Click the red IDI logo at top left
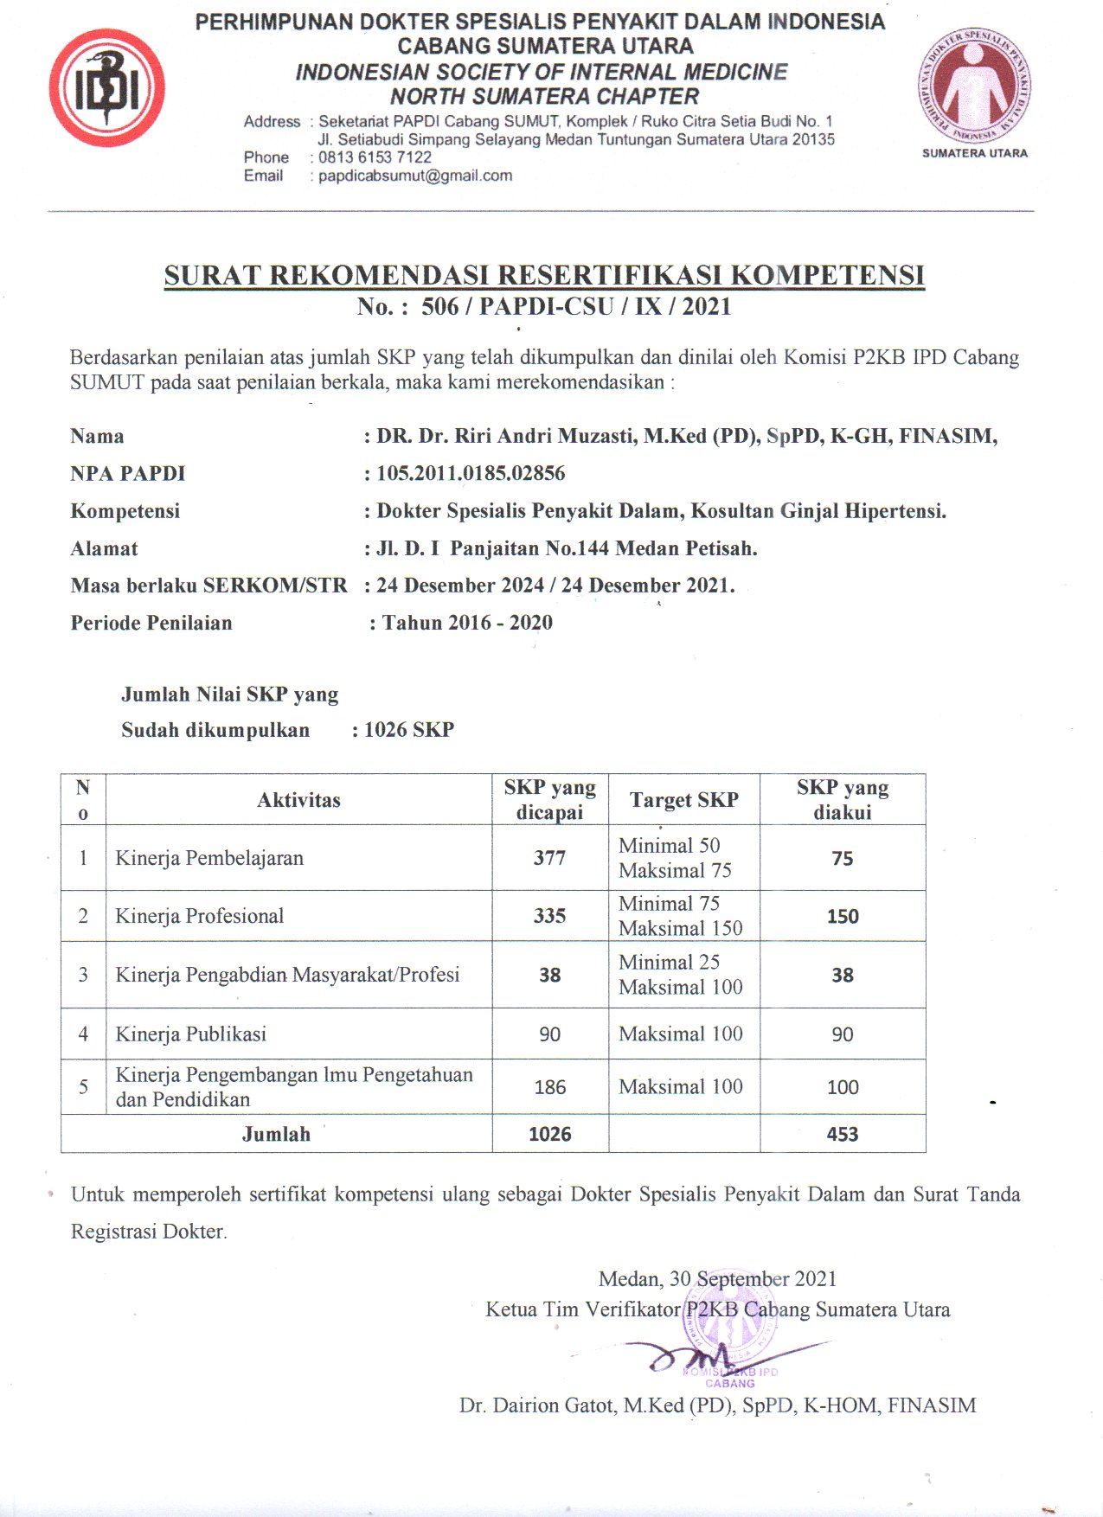coord(106,88)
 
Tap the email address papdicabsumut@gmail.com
coord(415,176)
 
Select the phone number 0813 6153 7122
coord(375,157)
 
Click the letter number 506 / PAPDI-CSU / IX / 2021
coord(576,307)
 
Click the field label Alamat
coord(104,548)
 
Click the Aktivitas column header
coord(298,800)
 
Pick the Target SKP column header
coord(683,800)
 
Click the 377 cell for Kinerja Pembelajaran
coord(549,858)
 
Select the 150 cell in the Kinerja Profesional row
coord(843,917)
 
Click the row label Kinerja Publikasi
coord(190,1034)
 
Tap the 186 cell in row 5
coord(549,1087)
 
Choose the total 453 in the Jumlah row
coord(843,1134)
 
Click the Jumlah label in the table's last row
coord(276,1134)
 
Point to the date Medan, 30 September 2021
coord(717,1278)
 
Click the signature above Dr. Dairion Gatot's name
coord(709,1356)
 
